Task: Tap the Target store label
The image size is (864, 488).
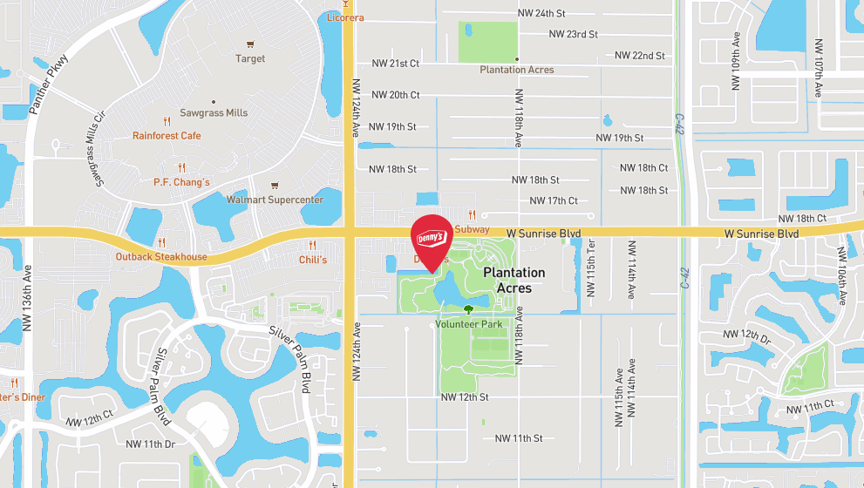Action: point(250,58)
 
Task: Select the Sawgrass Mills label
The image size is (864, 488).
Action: point(214,112)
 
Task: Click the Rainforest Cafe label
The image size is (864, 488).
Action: point(167,135)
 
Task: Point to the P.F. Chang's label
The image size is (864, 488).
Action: point(176,181)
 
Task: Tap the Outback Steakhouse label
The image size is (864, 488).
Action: point(161,256)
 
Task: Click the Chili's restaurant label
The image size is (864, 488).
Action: point(313,260)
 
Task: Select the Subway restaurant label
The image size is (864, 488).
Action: point(472,229)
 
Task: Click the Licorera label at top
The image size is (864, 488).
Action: point(345,17)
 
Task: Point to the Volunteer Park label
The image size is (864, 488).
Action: point(469,323)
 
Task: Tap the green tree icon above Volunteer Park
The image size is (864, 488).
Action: point(469,308)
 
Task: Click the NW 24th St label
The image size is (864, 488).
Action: point(541,13)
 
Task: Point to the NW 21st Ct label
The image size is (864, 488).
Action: point(395,64)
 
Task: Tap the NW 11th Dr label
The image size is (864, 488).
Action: point(151,444)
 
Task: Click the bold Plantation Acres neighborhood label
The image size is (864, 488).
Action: point(514,280)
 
